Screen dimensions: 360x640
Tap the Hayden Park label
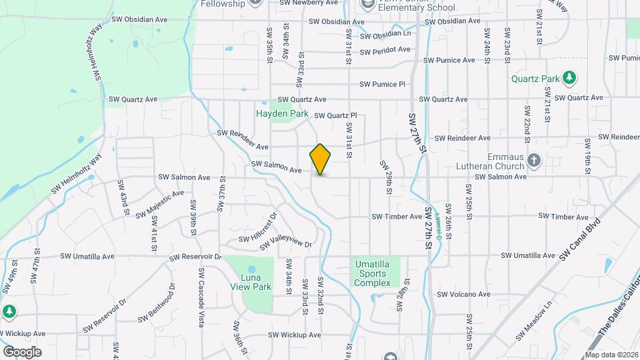(282, 114)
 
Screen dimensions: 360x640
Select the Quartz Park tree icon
(569, 79)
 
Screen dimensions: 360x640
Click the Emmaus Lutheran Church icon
(533, 160)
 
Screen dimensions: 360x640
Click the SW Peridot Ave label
(385, 50)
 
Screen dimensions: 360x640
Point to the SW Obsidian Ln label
(387, 34)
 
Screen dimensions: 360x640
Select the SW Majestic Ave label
(159, 205)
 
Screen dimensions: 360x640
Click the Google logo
(22, 351)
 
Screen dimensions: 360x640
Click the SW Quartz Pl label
(335, 115)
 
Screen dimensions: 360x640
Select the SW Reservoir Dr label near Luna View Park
(195, 257)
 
